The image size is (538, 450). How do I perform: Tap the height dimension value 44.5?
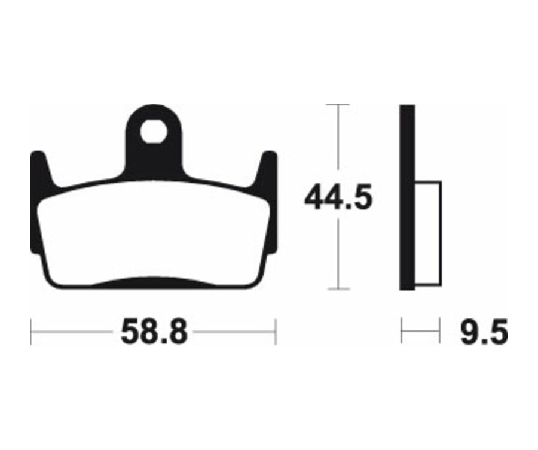[338, 198]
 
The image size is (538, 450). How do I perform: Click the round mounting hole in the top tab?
[153, 132]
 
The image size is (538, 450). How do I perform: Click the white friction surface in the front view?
[154, 233]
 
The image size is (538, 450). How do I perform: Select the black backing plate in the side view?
[407, 197]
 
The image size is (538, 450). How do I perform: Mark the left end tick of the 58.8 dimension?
[31, 332]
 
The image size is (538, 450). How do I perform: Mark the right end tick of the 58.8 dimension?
[275, 332]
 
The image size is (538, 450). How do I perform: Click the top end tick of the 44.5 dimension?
[339, 105]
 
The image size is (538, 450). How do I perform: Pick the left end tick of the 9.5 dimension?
[402, 331]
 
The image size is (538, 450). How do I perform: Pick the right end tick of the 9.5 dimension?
[440, 331]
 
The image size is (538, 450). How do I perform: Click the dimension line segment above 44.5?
[339, 144]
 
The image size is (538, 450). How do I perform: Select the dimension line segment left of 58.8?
[72, 332]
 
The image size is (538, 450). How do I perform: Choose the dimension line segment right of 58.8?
[233, 332]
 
